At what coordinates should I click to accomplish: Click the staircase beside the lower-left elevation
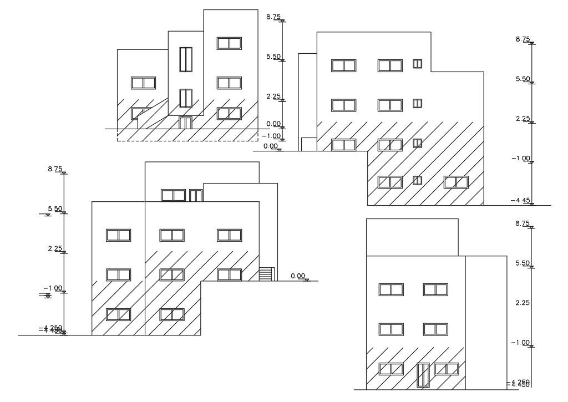(267, 274)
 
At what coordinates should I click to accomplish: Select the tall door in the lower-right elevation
(423, 374)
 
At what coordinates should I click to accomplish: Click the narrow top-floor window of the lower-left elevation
(195, 195)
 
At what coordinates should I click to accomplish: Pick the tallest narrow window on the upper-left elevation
(186, 59)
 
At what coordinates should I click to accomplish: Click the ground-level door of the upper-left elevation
(185, 123)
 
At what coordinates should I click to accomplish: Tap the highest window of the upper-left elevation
(229, 43)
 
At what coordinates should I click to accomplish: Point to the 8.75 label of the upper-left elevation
(273, 17)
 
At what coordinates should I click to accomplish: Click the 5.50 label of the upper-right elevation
(523, 79)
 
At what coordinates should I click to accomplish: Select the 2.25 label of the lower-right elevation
(523, 303)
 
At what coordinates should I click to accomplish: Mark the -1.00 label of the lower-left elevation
(55, 288)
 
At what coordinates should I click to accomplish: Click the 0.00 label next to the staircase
(298, 276)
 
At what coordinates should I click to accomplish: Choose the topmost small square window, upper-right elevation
(417, 64)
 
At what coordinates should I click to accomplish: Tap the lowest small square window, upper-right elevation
(417, 180)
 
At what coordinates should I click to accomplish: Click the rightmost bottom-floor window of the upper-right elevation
(456, 182)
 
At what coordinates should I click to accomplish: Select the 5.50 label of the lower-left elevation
(55, 209)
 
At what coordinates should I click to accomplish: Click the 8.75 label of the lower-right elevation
(523, 223)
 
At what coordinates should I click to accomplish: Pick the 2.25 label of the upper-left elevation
(273, 96)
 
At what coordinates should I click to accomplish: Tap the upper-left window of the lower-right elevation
(391, 289)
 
